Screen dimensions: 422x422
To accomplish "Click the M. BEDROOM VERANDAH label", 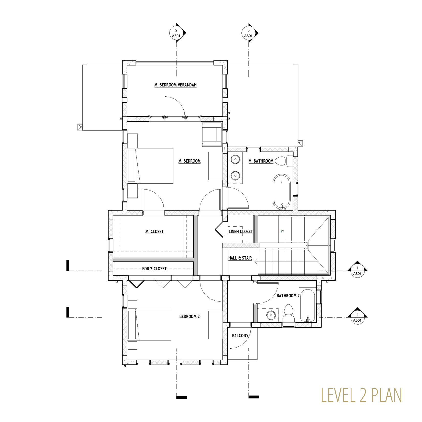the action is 175,85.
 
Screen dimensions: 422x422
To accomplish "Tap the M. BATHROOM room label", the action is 261,161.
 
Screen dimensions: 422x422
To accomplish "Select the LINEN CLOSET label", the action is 241,231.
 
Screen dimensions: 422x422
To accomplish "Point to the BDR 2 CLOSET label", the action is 154,269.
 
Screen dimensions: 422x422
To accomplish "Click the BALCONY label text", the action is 240,336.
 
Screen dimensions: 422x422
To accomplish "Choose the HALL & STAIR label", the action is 240,258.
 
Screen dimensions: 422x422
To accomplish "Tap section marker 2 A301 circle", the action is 176,33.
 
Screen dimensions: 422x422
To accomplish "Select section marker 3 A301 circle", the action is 248,33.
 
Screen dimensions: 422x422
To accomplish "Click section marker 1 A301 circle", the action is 357,271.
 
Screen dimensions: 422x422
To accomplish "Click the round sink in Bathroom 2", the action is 270,315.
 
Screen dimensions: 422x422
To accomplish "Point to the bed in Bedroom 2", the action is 149,325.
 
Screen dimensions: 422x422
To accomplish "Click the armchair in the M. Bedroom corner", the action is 212,134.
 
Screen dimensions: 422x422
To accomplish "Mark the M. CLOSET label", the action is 154,231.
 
